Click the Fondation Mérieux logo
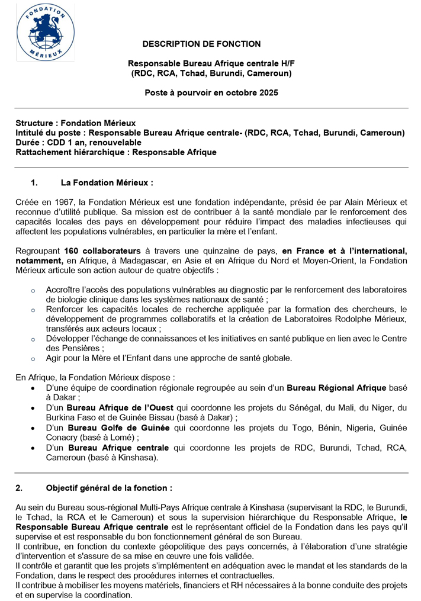point(46,32)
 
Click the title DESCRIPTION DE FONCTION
point(201,44)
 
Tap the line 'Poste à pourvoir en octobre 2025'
point(211,93)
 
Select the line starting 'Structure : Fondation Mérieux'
point(76,123)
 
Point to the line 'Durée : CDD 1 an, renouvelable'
point(79,143)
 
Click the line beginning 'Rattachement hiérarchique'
point(116,152)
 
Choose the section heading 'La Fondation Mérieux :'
point(107,183)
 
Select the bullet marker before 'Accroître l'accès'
point(33,290)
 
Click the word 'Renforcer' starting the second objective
point(65,309)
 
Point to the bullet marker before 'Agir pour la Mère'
point(33,358)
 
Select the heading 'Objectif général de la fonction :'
point(109,488)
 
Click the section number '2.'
point(20,488)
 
